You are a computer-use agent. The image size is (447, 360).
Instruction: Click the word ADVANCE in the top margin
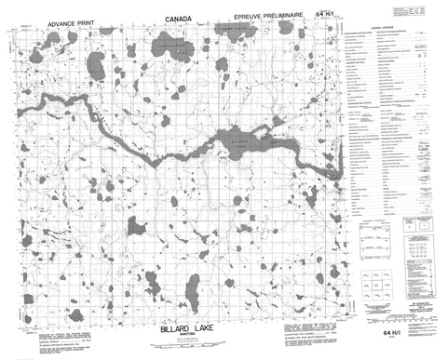point(34,18)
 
